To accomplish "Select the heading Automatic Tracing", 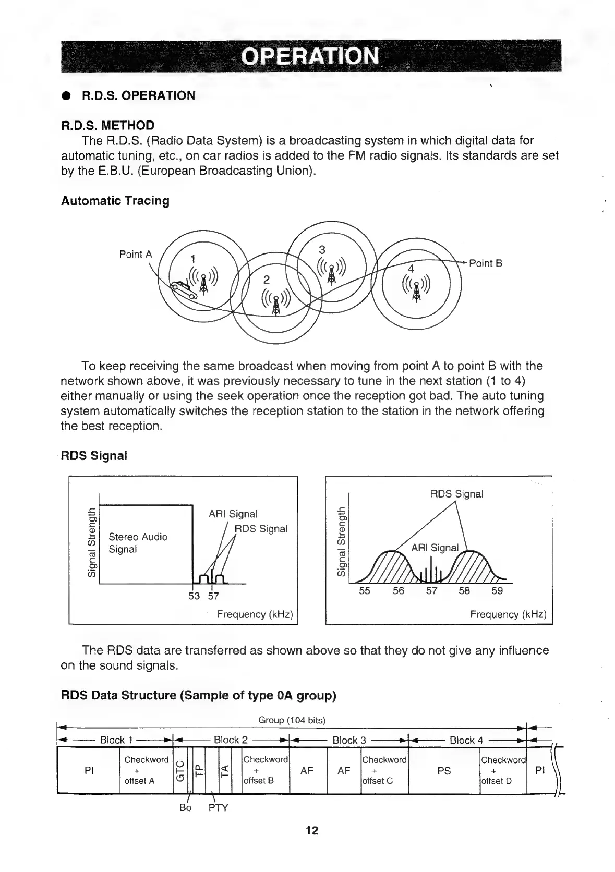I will (115, 201).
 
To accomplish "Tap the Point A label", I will (136, 255).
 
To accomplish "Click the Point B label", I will (485, 263).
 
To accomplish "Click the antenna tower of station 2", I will (276, 301).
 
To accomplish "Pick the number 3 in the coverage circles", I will (322, 249).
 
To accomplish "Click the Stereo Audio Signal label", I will (138, 543).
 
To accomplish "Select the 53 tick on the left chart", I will (194, 596).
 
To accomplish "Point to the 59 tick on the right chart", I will (497, 591).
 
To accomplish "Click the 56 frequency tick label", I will (398, 591).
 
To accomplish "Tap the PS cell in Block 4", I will (444, 771).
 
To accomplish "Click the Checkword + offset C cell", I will (384, 770).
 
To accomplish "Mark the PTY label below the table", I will (218, 808).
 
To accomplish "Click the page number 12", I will (311, 830).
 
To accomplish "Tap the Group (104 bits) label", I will (292, 720).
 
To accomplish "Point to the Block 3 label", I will (349, 740).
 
